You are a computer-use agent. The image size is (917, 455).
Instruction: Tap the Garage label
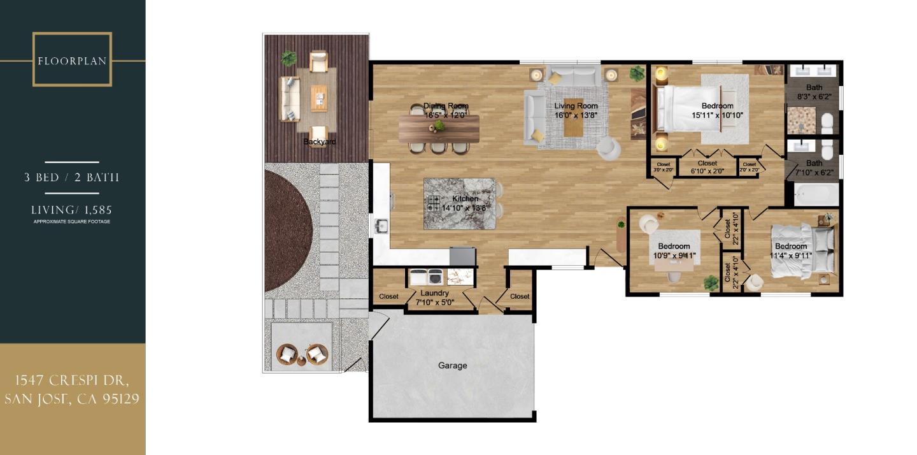click(452, 366)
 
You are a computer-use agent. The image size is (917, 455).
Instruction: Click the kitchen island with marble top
click(459, 203)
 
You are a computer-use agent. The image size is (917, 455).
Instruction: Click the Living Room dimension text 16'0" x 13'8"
click(576, 115)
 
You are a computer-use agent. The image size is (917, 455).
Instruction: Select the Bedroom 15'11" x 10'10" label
click(717, 111)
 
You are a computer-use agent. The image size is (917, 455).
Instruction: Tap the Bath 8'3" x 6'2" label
click(814, 92)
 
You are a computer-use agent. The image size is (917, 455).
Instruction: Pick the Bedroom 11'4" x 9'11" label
click(790, 251)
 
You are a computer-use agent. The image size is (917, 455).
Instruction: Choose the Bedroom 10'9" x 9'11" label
click(674, 251)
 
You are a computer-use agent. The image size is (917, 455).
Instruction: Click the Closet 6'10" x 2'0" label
click(707, 167)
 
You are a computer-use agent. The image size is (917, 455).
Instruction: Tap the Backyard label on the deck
click(319, 141)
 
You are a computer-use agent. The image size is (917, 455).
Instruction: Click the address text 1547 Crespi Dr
click(72, 381)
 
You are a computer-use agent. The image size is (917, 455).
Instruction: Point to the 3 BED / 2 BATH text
click(72, 177)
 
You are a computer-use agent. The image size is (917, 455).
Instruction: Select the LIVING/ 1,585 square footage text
click(72, 210)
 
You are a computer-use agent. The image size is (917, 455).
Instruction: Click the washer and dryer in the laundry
click(426, 277)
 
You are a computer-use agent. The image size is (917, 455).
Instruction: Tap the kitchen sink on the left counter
click(381, 226)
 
